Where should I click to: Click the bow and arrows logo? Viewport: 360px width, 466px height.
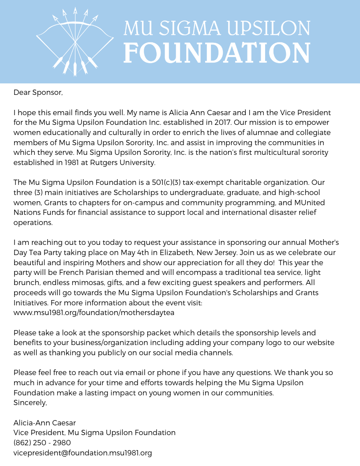(x=75, y=42)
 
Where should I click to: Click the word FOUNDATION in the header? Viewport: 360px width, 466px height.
(x=217, y=53)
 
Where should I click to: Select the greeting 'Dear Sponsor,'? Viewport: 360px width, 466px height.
(x=38, y=92)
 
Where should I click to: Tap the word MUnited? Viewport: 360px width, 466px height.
(x=309, y=203)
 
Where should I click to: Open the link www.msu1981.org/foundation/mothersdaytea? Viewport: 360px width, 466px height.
(x=94, y=313)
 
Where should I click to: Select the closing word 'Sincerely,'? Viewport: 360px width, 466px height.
(x=30, y=403)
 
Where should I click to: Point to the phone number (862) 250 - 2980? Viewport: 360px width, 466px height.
(x=42, y=443)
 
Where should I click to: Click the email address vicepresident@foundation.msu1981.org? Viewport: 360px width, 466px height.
(x=82, y=453)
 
